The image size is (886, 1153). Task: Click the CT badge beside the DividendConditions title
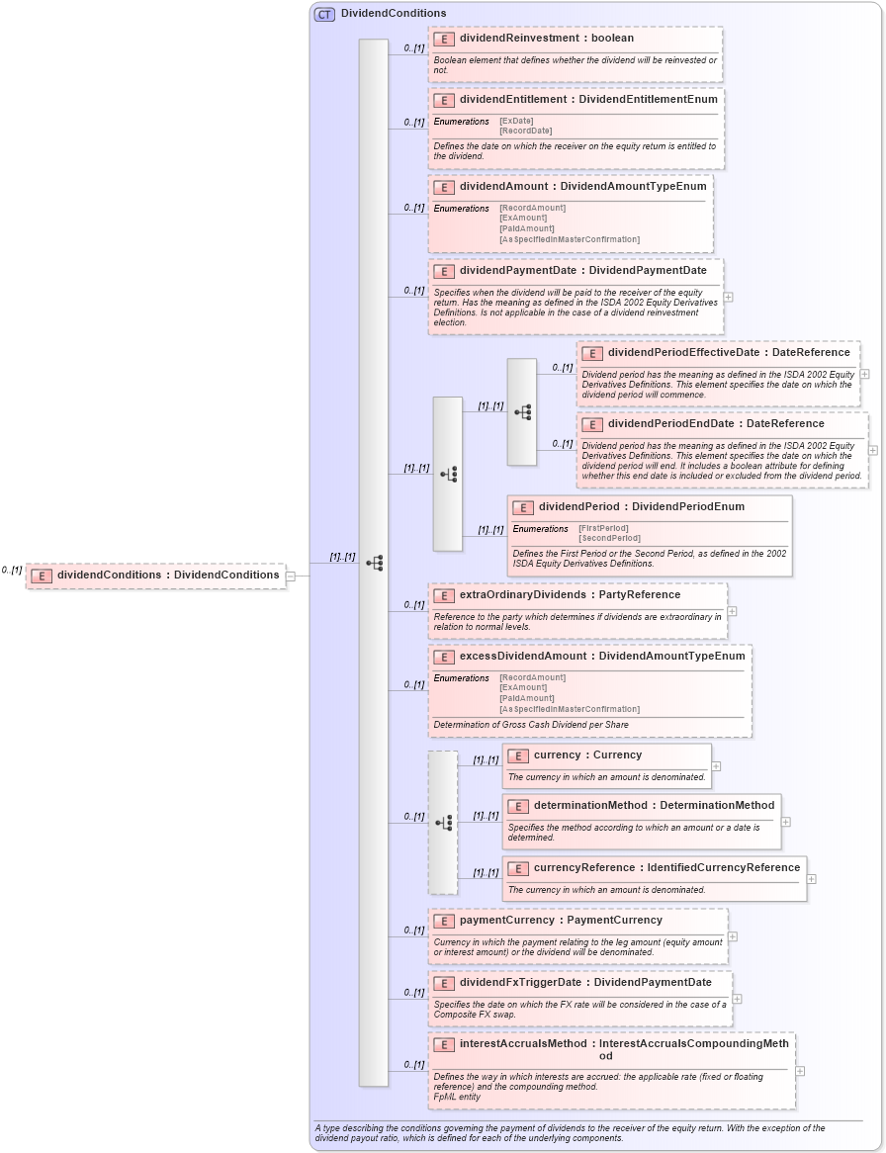[324, 14]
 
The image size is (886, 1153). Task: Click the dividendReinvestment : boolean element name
[547, 39]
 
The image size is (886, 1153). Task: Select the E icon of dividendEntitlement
[444, 100]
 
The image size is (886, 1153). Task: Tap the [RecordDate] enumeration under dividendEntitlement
[525, 131]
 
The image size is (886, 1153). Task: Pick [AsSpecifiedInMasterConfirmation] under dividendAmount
[569, 239]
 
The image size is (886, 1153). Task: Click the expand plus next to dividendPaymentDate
[728, 296]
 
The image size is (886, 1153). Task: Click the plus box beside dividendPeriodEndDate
[872, 450]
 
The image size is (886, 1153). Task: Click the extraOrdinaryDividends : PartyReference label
[570, 595]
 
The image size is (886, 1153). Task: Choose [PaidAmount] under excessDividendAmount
[526, 698]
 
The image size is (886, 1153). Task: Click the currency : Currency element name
[587, 755]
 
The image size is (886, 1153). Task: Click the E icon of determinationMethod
[518, 806]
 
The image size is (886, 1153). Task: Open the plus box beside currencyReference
[811, 878]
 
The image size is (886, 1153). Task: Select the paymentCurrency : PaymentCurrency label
[561, 921]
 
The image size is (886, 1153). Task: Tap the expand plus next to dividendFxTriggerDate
[737, 998]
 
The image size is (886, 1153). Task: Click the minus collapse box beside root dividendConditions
[290, 576]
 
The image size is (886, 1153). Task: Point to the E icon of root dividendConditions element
[42, 576]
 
